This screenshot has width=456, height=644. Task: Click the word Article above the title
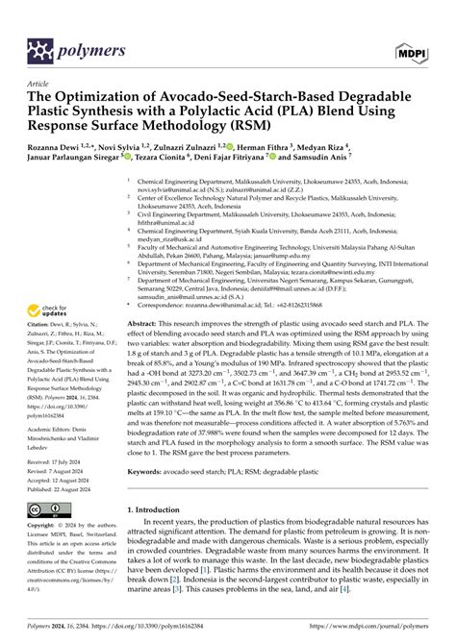(x=41, y=83)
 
